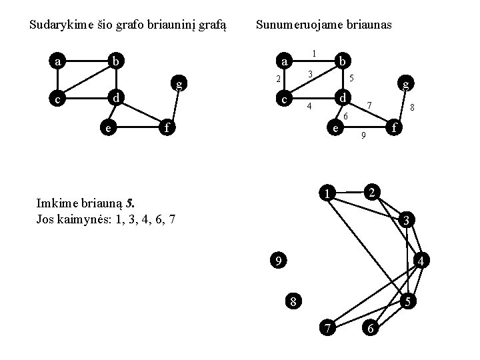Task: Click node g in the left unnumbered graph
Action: coord(178,83)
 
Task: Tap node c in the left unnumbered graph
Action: coord(59,99)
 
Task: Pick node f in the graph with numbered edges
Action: coord(396,126)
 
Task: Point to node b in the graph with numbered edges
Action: coord(341,61)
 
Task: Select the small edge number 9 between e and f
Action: coord(363,137)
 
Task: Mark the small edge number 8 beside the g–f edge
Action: coord(413,107)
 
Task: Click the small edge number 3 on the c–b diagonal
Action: coord(311,73)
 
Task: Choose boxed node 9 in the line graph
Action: coord(278,259)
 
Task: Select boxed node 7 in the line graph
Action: coord(328,327)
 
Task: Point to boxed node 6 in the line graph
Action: coord(371,327)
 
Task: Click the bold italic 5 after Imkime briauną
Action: coord(135,201)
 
